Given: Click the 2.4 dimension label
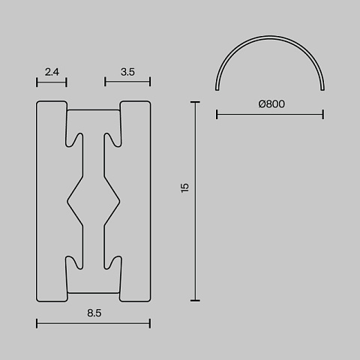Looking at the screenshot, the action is (52, 72).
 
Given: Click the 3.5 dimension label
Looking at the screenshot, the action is (127, 72).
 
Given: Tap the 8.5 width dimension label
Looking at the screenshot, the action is (94, 313).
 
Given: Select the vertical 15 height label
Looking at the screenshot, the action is (184, 187).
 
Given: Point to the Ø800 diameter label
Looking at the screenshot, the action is (271, 104).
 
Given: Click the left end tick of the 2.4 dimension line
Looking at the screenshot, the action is (37, 82).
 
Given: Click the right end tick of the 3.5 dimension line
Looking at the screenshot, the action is (150, 82).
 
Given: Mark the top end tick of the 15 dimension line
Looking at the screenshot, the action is (195, 102).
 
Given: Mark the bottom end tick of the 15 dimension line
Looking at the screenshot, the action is (195, 301).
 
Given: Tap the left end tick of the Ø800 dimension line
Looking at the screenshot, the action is (217, 115).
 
